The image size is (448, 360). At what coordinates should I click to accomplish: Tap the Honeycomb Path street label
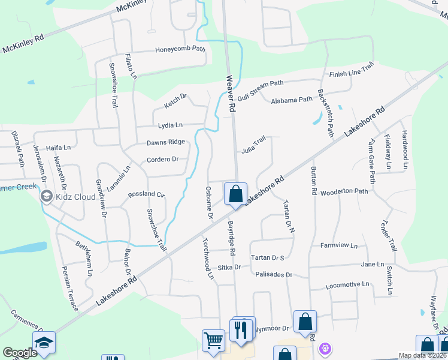(180, 50)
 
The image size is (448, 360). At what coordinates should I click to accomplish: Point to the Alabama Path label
(292, 100)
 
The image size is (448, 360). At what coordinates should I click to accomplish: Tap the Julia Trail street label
(253, 145)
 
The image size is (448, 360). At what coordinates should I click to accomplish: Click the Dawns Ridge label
(166, 143)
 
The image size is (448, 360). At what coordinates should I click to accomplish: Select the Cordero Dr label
(163, 160)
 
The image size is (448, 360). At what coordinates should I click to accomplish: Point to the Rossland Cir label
(147, 195)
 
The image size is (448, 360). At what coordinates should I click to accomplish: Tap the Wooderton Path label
(344, 192)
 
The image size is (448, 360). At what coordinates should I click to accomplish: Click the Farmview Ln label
(339, 245)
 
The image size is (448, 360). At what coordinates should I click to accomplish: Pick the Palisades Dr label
(273, 275)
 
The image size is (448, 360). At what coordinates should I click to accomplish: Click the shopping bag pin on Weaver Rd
(236, 194)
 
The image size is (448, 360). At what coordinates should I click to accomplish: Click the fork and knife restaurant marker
(241, 331)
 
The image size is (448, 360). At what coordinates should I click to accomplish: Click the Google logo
(20, 353)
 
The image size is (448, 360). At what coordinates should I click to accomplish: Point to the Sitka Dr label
(229, 267)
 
